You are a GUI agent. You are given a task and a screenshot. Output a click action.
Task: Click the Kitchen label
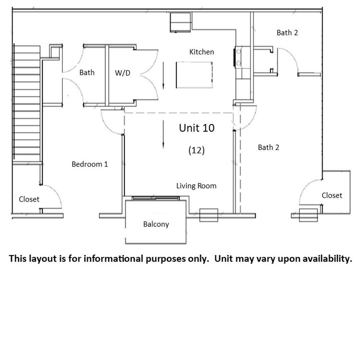tap(202, 52)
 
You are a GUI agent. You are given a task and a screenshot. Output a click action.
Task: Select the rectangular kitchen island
tap(194, 75)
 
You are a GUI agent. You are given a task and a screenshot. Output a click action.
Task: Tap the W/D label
tap(122, 73)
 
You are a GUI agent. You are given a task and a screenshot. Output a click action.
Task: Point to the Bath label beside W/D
tap(87, 72)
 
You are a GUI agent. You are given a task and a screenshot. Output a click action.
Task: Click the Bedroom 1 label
tap(90, 164)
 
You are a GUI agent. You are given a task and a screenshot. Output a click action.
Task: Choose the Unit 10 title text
tap(197, 128)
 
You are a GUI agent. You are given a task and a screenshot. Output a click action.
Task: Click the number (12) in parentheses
tap(197, 150)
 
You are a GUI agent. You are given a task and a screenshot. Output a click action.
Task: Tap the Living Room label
tap(196, 186)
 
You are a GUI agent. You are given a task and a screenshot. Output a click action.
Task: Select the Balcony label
tap(156, 224)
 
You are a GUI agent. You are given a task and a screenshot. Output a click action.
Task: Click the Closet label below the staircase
tap(29, 199)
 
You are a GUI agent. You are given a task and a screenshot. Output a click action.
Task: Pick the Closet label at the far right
tap(332, 195)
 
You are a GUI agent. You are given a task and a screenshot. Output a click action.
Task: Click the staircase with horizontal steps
tap(27, 102)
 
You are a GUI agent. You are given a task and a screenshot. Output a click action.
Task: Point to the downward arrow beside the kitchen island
tap(163, 75)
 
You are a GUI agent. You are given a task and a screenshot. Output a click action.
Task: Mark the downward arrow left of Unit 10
tap(163, 134)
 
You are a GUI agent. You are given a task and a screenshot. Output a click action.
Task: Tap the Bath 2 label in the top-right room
tap(287, 33)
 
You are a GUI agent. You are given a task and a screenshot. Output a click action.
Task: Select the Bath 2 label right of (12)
tap(268, 147)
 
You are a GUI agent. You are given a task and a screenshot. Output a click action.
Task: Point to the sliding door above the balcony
tap(156, 198)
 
